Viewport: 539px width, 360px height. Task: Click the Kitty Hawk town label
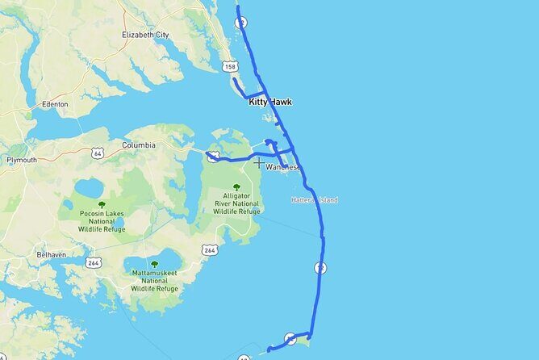click(x=269, y=102)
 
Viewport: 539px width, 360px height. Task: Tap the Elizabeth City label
click(x=146, y=35)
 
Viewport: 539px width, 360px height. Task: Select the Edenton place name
click(x=53, y=104)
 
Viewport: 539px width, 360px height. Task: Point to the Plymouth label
click(x=22, y=160)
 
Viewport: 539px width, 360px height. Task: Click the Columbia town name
click(x=138, y=145)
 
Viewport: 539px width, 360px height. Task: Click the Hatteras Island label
click(x=314, y=200)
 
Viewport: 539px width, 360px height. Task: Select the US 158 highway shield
click(x=230, y=67)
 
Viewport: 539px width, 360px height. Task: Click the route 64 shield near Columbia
click(x=97, y=152)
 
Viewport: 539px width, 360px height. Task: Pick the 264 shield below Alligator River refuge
click(x=210, y=250)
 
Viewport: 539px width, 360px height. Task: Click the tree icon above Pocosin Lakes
click(x=101, y=205)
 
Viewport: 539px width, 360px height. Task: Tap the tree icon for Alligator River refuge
click(x=236, y=187)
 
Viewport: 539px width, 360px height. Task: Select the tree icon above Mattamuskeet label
click(x=155, y=264)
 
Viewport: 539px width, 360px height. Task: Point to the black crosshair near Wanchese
click(x=258, y=163)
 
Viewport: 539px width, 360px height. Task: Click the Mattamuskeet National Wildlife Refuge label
click(x=155, y=281)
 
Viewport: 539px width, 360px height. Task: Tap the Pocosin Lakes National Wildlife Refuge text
click(x=101, y=223)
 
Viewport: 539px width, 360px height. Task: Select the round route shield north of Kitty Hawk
click(x=240, y=23)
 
